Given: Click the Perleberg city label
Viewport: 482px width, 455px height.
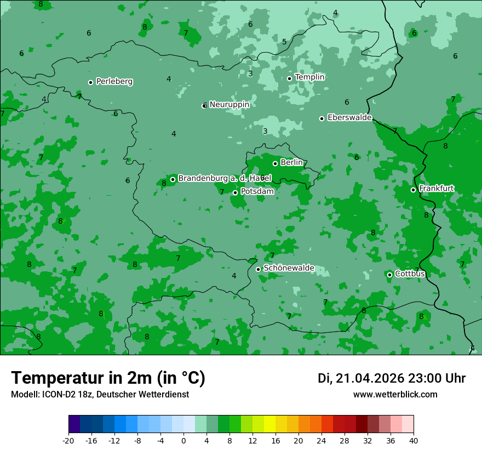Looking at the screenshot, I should pyautogui.click(x=114, y=82).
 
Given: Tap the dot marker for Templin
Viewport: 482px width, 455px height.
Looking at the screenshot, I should pyautogui.click(x=289, y=78).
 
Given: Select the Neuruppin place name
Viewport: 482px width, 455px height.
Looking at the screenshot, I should pyautogui.click(x=229, y=105).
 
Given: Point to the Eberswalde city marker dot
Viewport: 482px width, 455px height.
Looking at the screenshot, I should pyautogui.click(x=322, y=118).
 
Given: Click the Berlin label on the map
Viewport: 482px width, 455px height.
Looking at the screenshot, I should pyautogui.click(x=291, y=163).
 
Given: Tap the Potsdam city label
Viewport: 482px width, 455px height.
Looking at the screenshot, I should pyautogui.click(x=257, y=192).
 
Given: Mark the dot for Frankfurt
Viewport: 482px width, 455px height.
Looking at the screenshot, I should pyautogui.click(x=413, y=190).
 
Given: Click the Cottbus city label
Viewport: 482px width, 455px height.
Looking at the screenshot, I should pyautogui.click(x=410, y=274).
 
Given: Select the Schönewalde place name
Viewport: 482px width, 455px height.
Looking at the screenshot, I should pyautogui.click(x=289, y=269).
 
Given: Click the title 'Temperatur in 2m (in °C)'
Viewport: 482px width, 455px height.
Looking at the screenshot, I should pyautogui.click(x=108, y=378).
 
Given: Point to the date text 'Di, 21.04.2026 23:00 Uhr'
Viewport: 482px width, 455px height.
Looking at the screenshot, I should pyautogui.click(x=391, y=378).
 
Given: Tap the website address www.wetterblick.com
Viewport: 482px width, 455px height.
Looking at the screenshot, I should pyautogui.click(x=395, y=395).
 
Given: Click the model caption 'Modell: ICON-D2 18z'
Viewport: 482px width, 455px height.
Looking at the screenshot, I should pyautogui.click(x=100, y=395).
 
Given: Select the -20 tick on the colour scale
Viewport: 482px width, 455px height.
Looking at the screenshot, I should pyautogui.click(x=68, y=440).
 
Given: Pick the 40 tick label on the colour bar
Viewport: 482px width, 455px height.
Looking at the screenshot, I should pyautogui.click(x=414, y=440).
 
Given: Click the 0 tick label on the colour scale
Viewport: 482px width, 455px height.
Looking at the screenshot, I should pyautogui.click(x=183, y=440).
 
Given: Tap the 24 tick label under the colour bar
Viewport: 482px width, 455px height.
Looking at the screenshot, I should pyautogui.click(x=322, y=440).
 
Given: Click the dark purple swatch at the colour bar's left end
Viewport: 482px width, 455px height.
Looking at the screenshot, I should pyautogui.click(x=74, y=424).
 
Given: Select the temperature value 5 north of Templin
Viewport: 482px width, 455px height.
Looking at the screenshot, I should pyautogui.click(x=284, y=42).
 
